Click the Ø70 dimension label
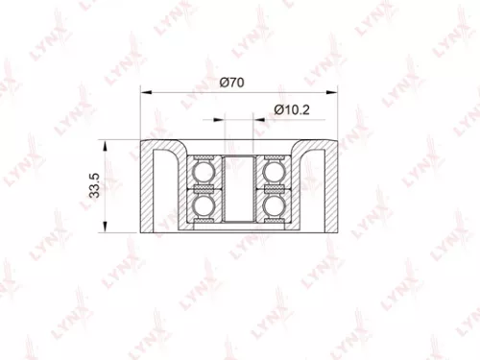[230, 83]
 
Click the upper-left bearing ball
[204, 173]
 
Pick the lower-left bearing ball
[204, 206]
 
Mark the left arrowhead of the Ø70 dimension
[145, 93]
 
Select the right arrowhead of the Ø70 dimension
[334, 93]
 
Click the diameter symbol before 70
[223, 83]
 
